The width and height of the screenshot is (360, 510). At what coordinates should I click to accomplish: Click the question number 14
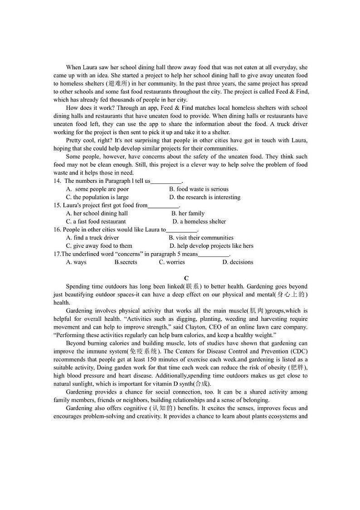click(x=57, y=181)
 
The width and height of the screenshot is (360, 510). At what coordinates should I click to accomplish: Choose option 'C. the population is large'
click(x=97, y=197)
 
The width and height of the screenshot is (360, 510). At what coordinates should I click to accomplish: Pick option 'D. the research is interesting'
click(x=204, y=197)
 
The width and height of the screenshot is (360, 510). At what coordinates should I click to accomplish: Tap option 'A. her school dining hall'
click(x=97, y=214)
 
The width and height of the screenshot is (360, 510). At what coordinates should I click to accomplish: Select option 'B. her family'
click(x=188, y=214)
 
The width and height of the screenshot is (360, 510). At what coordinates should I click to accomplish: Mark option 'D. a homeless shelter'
click(x=199, y=222)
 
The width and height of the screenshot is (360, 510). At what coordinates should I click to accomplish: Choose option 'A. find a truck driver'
click(x=92, y=238)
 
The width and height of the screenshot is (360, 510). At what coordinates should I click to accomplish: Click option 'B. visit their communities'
click(x=201, y=238)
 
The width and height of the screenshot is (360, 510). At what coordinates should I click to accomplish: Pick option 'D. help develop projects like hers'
click(x=211, y=246)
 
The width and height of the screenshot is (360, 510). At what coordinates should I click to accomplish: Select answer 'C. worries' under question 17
click(x=172, y=262)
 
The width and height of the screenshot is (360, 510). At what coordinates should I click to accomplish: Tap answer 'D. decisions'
click(x=238, y=262)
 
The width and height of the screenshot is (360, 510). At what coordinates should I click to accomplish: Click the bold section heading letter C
click(x=186, y=278)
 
